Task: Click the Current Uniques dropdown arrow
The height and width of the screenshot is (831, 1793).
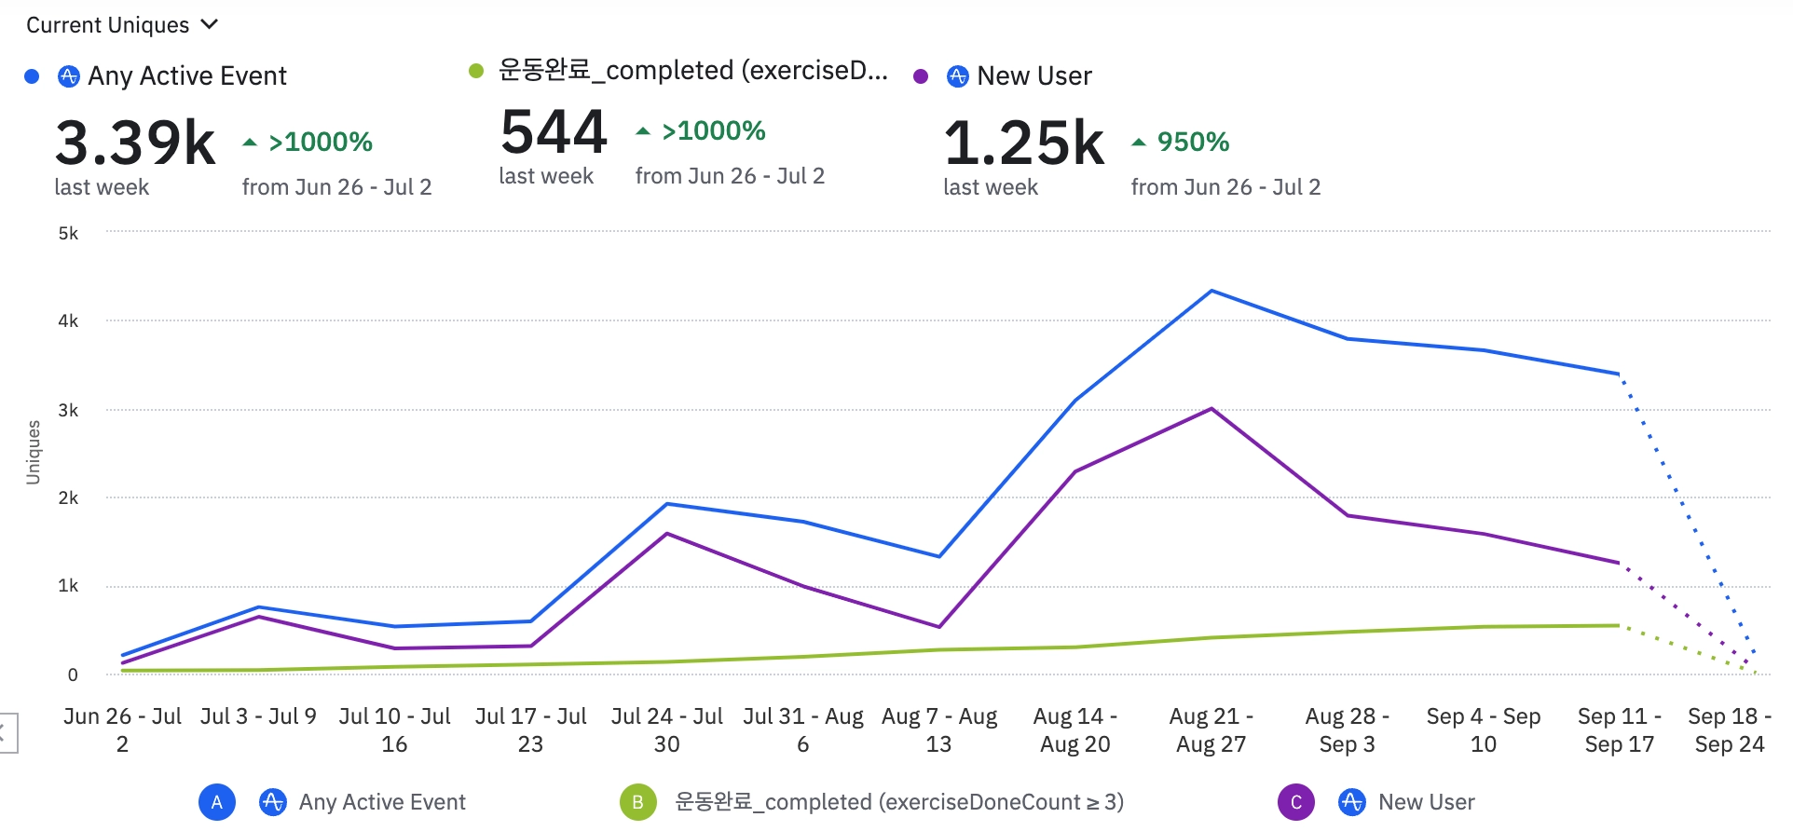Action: tap(210, 24)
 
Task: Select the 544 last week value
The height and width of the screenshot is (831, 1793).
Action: tap(554, 131)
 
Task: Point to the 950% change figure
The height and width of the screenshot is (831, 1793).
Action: tap(1193, 142)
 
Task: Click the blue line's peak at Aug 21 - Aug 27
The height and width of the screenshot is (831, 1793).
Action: tap(1211, 291)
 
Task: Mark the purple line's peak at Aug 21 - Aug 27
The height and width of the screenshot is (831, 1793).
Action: tap(1211, 409)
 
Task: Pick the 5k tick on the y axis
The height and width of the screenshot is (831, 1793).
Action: tap(68, 233)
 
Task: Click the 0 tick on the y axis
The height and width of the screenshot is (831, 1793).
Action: tap(73, 674)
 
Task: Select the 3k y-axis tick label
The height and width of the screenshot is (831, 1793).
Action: tap(68, 410)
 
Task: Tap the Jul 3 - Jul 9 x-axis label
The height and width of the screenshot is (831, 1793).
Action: tap(258, 716)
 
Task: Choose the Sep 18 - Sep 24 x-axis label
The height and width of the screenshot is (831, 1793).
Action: tap(1730, 729)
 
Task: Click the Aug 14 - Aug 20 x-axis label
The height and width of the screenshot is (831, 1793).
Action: tap(1074, 729)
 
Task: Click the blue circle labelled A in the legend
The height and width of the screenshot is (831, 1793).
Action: tap(217, 802)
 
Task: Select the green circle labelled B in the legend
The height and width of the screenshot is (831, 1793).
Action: tap(638, 802)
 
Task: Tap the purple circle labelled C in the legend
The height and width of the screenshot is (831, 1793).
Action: tap(1295, 802)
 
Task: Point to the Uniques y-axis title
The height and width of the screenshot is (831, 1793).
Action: tap(34, 452)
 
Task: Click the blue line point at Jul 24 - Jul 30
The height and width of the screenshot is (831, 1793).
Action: tap(667, 504)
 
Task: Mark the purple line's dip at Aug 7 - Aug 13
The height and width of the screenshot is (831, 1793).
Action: tap(939, 627)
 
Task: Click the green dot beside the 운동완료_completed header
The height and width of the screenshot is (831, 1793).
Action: tap(476, 71)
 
